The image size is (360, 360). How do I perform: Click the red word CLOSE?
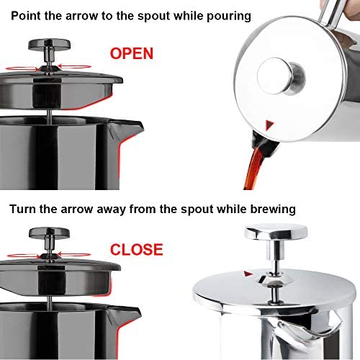[x=137, y=250]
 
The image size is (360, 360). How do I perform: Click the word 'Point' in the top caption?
[x=27, y=14]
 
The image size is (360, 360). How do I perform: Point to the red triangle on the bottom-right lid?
[x=248, y=274]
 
